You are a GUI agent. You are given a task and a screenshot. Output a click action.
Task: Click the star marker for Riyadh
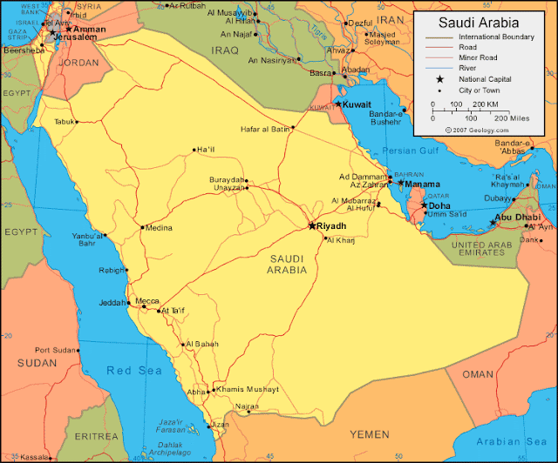pos(312,225)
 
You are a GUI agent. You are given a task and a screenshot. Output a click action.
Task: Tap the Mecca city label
pos(147,301)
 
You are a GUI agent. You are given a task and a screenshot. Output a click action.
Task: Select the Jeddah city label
pos(114,304)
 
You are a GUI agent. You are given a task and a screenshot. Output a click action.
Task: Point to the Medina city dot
pos(143,228)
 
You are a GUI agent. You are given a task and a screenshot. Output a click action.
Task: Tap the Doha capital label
pos(439,205)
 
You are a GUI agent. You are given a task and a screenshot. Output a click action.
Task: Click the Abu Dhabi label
pos(517,217)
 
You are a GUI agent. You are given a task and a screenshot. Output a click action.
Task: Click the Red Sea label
pos(134,370)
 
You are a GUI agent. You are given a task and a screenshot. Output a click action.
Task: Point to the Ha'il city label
pos(207,149)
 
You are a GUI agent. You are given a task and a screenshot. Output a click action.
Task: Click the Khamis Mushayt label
pos(248,388)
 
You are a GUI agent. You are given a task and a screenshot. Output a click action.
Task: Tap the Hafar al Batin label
pos(265,129)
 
